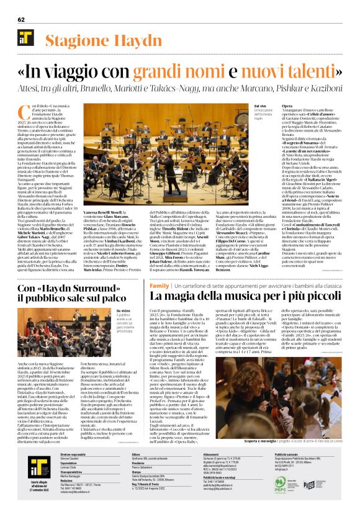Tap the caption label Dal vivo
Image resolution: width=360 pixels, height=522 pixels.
pyautogui.click(x=241, y=107)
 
